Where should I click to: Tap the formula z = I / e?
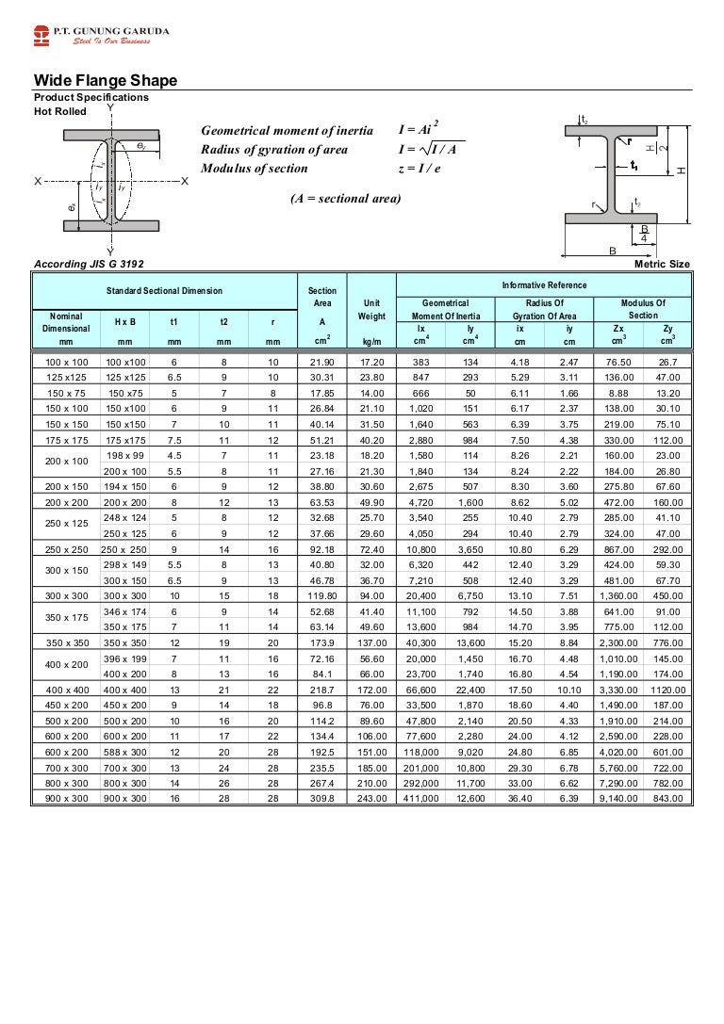[421, 169]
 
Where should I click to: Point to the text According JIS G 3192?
[90, 264]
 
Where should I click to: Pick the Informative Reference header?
[544, 284]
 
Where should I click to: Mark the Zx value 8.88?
[618, 391]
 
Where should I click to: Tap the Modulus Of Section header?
[644, 308]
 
